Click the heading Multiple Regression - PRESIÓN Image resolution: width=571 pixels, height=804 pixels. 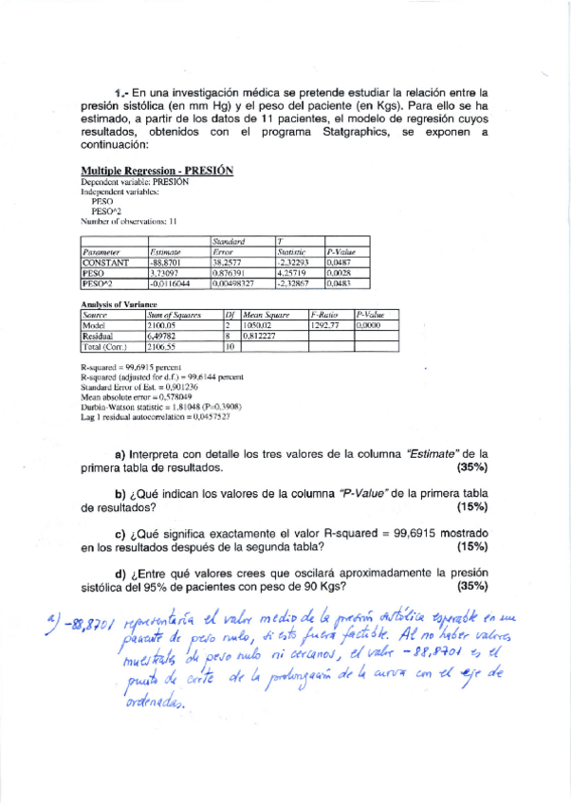click(157, 171)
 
